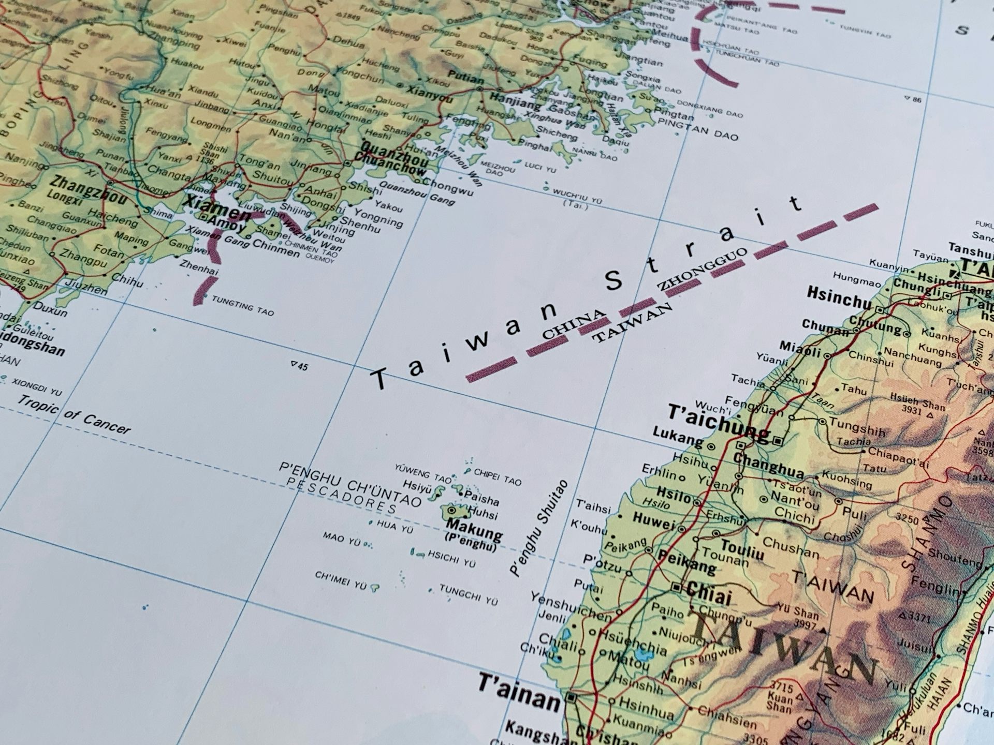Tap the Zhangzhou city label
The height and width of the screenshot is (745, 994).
coord(89,189)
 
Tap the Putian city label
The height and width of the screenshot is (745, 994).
coord(465,78)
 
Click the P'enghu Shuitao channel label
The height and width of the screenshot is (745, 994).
coord(538,528)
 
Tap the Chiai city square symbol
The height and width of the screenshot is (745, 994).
coord(676,587)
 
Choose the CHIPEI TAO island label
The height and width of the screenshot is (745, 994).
coord(498,477)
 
